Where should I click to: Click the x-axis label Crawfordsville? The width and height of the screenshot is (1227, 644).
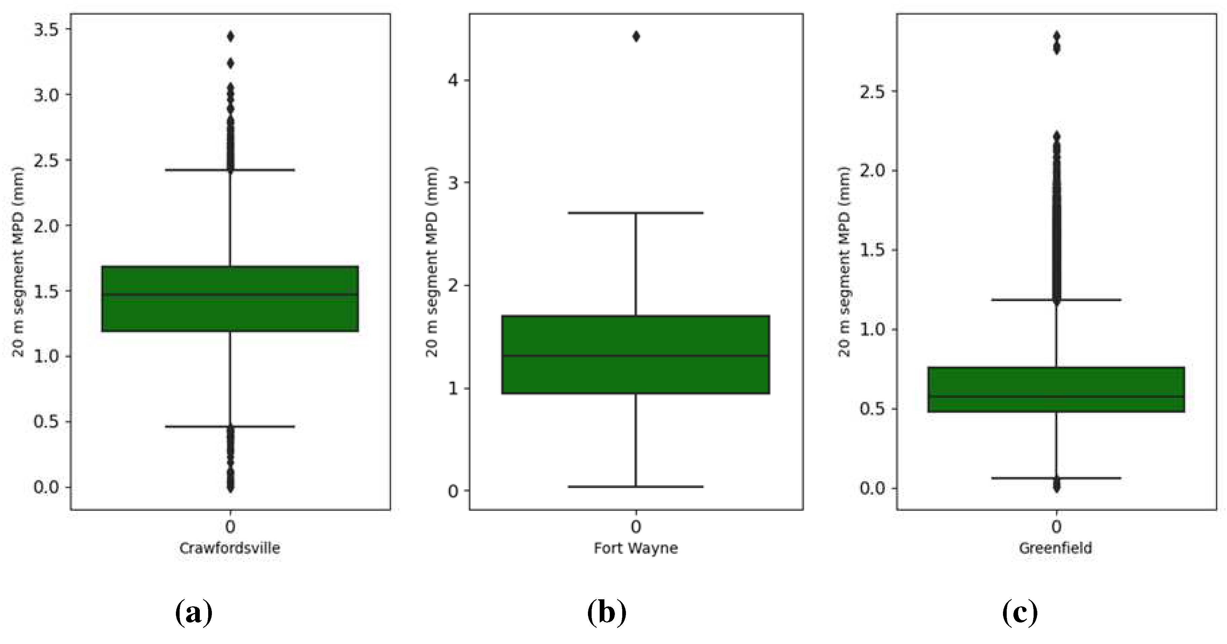(230, 548)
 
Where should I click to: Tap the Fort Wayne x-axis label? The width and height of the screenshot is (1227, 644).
(635, 548)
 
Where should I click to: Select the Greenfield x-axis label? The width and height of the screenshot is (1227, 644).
(1055, 548)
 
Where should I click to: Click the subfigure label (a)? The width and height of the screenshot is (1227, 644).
(194, 613)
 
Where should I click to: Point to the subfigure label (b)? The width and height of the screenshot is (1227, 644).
(606, 613)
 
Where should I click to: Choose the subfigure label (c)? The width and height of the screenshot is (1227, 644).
(1020, 613)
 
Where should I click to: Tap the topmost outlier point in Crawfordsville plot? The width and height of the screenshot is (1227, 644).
(230, 37)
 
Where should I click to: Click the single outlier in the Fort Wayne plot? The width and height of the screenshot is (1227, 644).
(636, 37)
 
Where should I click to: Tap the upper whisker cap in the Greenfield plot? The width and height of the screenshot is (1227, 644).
(1056, 300)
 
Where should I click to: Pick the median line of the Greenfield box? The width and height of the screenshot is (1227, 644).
(1056, 397)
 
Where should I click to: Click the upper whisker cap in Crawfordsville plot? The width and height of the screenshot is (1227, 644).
(230, 170)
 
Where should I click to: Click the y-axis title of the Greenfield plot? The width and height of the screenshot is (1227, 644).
(844, 262)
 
